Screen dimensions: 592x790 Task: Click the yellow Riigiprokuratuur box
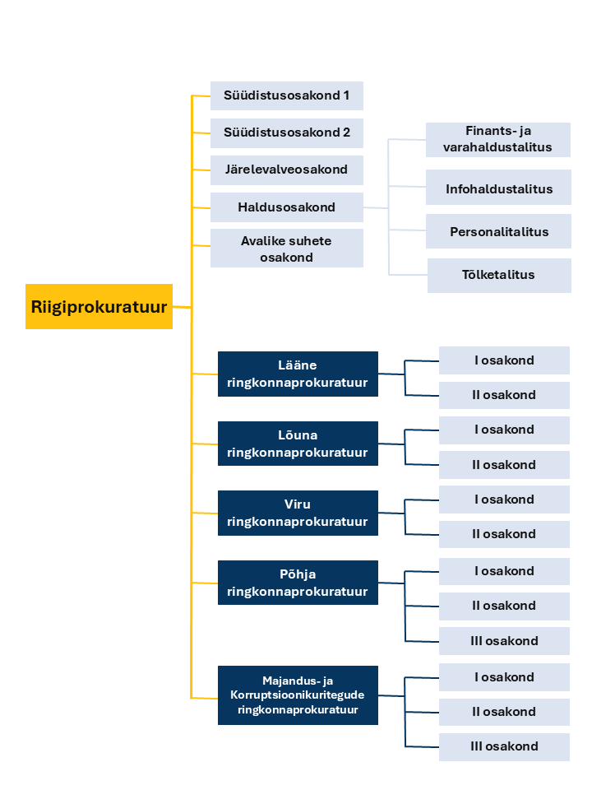pos(99,306)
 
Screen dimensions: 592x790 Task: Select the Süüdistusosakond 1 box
pos(286,95)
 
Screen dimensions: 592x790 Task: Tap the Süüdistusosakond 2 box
pos(286,133)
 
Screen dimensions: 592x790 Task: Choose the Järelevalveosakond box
pos(286,170)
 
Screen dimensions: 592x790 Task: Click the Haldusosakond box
pos(286,207)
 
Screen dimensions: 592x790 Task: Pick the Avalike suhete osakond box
pos(286,249)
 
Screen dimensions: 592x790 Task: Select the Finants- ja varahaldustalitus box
pos(498,140)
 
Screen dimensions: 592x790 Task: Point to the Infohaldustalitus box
pos(498,188)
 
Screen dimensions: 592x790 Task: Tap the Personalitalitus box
pos(498,231)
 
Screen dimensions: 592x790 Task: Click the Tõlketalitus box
pos(499,276)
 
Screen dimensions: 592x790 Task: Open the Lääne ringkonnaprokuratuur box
pos(298,374)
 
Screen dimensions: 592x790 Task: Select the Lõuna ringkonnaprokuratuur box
pos(298,444)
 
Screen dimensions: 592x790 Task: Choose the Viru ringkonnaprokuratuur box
pos(298,513)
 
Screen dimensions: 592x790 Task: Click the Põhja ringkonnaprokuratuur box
pos(298,583)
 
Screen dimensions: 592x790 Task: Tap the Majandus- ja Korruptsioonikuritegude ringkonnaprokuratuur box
pos(298,695)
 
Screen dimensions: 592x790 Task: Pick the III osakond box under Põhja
pos(504,641)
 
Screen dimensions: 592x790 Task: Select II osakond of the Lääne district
pos(504,395)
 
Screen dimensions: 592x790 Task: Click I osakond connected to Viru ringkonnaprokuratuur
pos(504,500)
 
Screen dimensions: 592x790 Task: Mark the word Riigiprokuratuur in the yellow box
pos(99,307)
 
